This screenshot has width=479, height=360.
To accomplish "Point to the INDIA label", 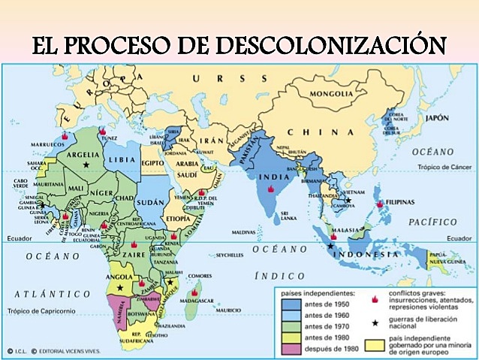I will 270,178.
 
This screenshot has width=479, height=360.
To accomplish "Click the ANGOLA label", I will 122,277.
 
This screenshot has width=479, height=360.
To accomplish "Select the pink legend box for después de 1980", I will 297,347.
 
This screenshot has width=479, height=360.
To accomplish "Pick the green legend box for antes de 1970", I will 297,325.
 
